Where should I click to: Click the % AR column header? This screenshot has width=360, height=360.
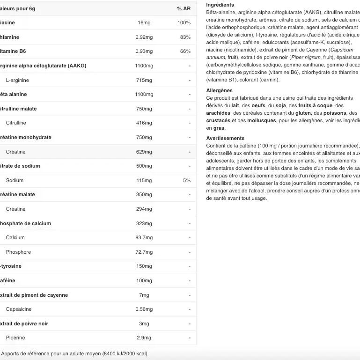[x=184, y=8]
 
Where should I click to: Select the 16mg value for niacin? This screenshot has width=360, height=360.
[x=144, y=22]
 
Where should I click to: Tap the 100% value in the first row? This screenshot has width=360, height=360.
[x=184, y=22]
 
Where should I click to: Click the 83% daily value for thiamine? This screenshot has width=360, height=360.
[x=185, y=37]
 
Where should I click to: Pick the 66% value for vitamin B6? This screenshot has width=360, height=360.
[x=185, y=51]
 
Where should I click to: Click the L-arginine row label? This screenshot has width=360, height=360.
[x=17, y=80]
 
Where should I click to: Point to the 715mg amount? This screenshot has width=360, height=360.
[x=144, y=80]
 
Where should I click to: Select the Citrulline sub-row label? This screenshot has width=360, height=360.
[x=16, y=123]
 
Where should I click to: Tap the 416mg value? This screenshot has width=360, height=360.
[x=144, y=123]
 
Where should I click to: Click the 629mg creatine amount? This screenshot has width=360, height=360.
[x=144, y=152]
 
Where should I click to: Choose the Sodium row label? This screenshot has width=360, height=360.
[x=15, y=180]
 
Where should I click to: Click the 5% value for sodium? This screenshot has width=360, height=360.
[x=187, y=180]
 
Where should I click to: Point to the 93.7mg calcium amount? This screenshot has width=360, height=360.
[x=144, y=237]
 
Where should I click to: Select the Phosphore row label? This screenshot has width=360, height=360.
[x=18, y=252]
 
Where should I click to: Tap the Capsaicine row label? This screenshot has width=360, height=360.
[x=19, y=309]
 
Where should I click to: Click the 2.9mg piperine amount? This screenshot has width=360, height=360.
[x=144, y=338]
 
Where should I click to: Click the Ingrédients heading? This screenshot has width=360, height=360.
[x=220, y=5]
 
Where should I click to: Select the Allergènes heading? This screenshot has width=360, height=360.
[x=219, y=90]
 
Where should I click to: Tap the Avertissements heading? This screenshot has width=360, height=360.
[x=225, y=138]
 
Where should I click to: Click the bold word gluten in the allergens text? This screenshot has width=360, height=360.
[x=303, y=113]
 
